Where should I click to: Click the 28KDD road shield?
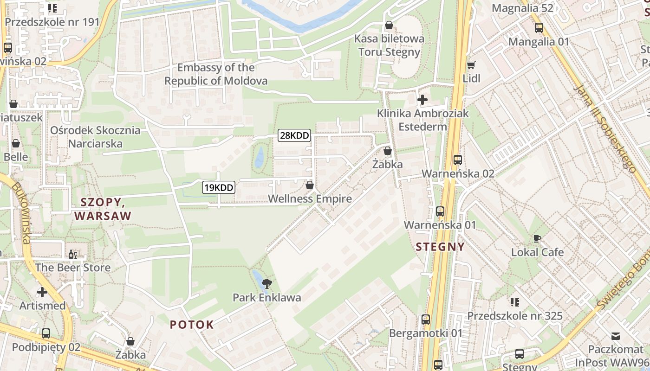click(294, 136)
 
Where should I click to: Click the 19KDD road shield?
click(218, 188)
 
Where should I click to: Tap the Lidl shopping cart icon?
click(471, 65)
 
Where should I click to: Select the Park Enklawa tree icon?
click(267, 284)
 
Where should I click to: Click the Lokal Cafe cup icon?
click(537, 239)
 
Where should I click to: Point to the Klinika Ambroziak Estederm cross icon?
click(422, 99)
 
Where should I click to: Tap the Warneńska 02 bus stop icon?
click(458, 160)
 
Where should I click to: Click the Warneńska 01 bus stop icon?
click(440, 211)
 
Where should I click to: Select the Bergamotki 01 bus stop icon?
click(426, 320)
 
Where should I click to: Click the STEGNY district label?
click(440, 247)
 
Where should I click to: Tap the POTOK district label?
click(192, 325)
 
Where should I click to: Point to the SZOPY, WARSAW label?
click(103, 209)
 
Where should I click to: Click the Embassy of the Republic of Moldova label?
click(216, 74)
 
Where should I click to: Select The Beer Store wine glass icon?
click(73, 254)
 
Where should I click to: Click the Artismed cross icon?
click(42, 292)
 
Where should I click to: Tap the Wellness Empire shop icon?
click(310, 185)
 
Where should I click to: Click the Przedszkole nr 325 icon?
click(514, 302)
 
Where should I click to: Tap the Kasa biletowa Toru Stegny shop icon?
click(389, 25)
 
